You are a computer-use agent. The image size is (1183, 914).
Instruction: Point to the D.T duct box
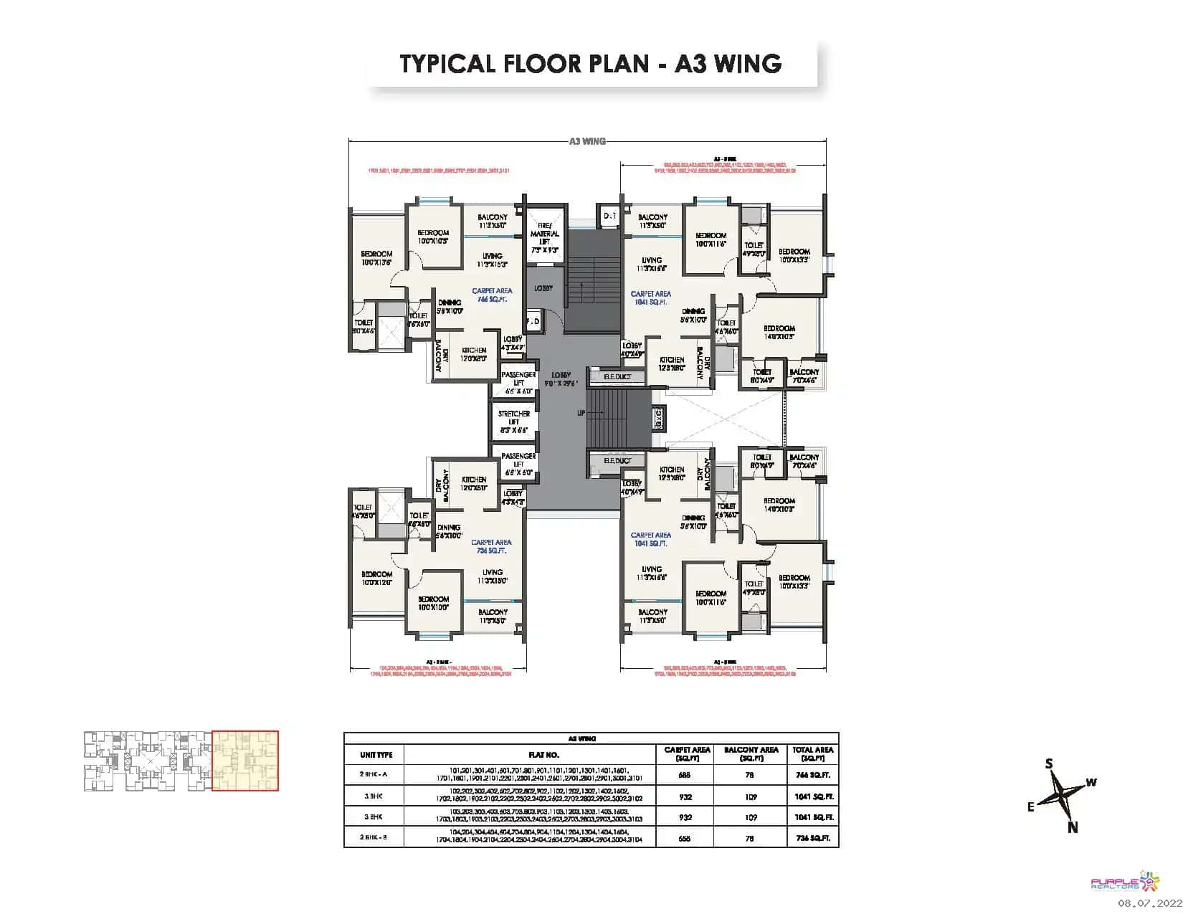pyautogui.click(x=609, y=216)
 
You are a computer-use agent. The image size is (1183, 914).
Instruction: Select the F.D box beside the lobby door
pyautogui.click(x=533, y=322)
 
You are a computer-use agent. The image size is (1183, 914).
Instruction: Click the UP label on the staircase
pyautogui.click(x=581, y=413)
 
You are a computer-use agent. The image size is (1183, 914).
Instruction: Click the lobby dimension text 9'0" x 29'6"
pyautogui.click(x=561, y=384)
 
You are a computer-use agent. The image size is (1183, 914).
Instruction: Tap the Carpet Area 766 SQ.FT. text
pyautogui.click(x=492, y=295)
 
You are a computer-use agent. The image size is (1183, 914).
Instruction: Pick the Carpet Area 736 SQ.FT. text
pyautogui.click(x=492, y=546)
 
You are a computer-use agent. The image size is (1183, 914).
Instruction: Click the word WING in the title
pyautogui.click(x=743, y=63)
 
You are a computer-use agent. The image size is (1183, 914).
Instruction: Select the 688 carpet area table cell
pyautogui.click(x=684, y=775)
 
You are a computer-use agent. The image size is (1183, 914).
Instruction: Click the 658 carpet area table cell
pyautogui.click(x=684, y=837)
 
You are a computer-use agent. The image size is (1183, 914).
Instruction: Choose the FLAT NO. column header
pyautogui.click(x=528, y=754)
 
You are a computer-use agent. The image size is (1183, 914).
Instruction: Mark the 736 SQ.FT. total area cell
pyautogui.click(x=812, y=837)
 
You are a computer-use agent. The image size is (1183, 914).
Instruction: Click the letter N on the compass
pyautogui.click(x=1073, y=827)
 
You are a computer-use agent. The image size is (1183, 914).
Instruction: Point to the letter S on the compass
pyautogui.click(x=1049, y=764)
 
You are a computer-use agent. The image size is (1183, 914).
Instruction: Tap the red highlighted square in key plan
pyautogui.click(x=245, y=761)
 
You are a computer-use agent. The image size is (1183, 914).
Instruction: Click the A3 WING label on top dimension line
pyautogui.click(x=587, y=141)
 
